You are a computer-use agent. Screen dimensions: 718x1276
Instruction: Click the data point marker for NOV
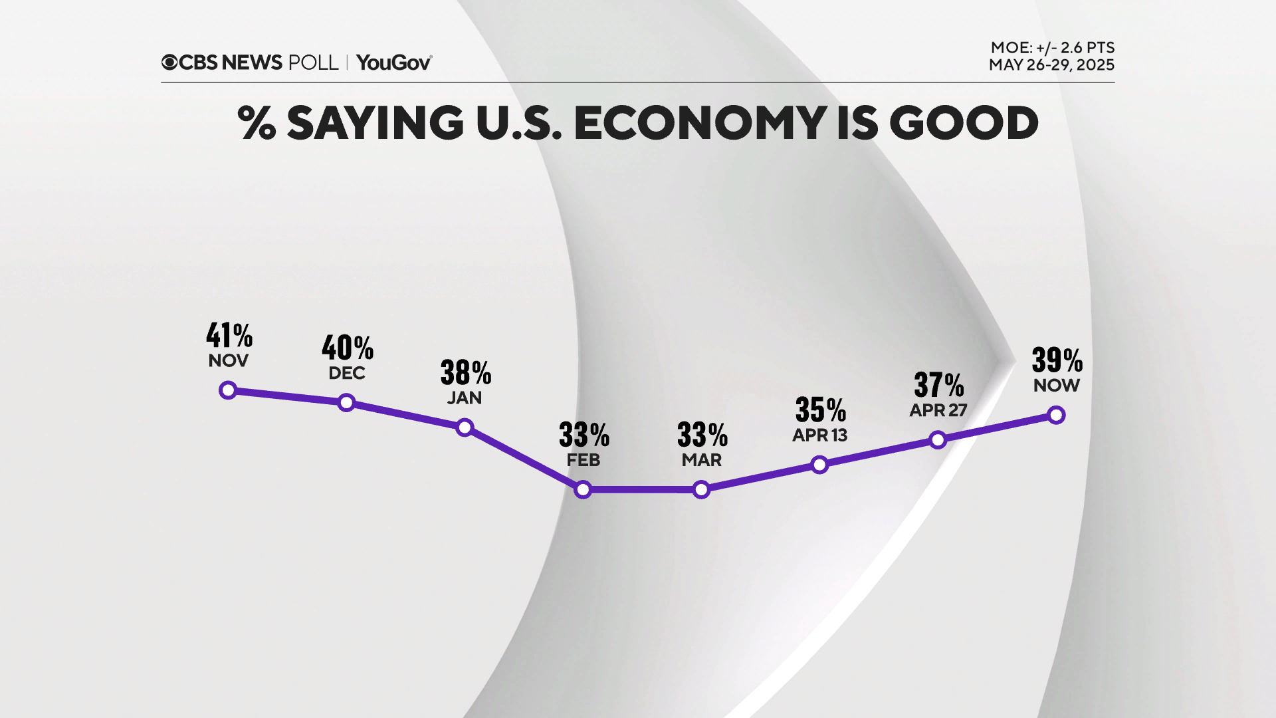tap(228, 390)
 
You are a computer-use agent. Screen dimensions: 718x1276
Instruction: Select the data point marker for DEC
tap(346, 402)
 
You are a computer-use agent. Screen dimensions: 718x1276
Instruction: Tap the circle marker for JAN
tap(465, 427)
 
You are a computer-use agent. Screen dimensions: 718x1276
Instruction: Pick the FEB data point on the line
tap(583, 490)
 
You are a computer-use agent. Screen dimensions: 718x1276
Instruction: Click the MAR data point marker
tap(701, 490)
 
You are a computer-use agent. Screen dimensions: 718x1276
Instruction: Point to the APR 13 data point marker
tap(819, 465)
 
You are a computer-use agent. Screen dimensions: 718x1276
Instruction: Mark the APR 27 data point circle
tap(938, 439)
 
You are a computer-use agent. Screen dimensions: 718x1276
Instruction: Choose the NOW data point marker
tap(1056, 416)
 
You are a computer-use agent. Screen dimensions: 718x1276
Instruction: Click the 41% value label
tap(229, 336)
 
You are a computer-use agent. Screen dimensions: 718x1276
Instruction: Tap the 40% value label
tap(348, 348)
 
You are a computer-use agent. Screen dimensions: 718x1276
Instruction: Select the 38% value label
tap(466, 373)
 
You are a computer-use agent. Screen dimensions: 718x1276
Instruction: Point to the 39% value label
tap(1057, 360)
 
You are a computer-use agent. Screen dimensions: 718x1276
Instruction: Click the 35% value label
tap(821, 410)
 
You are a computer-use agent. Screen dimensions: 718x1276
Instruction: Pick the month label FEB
tap(583, 460)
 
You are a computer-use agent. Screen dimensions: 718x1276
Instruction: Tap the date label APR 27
tap(938, 410)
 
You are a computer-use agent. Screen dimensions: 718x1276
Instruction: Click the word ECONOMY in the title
tap(699, 123)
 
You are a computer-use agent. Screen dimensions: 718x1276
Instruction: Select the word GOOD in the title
tap(963, 123)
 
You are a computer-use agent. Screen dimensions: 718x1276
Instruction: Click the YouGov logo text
tap(393, 62)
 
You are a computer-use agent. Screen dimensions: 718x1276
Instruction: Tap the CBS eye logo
tap(169, 62)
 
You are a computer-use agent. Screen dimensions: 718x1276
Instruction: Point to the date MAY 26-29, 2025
tap(1051, 65)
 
